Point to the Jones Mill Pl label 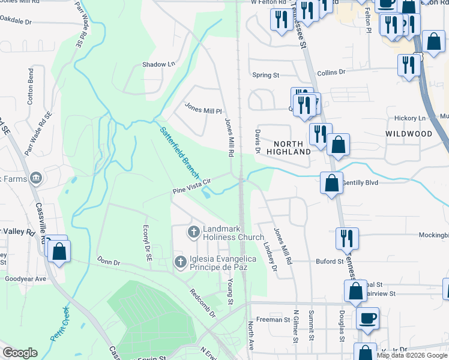[203, 110]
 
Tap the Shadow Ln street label [158, 64]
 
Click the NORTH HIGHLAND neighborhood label [292, 148]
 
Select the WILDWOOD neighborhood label [408, 133]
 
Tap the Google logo [20, 353]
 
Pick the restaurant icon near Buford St [347, 238]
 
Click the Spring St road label [266, 75]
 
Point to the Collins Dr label [332, 71]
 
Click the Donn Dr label [109, 262]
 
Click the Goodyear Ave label [25, 279]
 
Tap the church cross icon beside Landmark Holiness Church [193, 232]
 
